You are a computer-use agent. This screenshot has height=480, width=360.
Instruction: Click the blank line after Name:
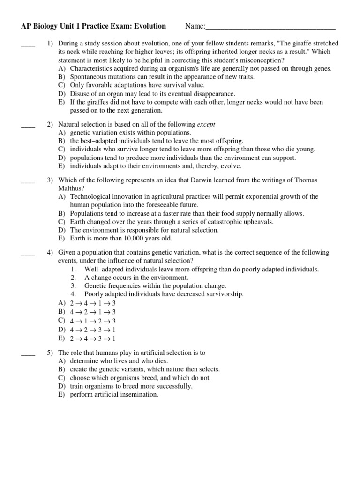(x=270, y=27)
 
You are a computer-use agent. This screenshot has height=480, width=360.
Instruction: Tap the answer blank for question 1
(x=28, y=44)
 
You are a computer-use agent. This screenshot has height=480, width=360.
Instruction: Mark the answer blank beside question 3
(x=28, y=180)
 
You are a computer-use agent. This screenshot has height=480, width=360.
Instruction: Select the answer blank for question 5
(x=28, y=352)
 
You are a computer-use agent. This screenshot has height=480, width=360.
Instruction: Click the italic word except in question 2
(x=206, y=124)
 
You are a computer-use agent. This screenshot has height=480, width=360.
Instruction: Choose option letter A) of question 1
(x=62, y=68)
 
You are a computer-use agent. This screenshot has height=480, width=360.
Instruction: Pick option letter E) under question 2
(x=62, y=166)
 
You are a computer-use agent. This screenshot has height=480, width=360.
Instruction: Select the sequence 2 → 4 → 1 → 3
(x=92, y=303)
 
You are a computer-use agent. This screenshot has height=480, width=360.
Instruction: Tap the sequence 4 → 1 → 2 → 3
(x=92, y=321)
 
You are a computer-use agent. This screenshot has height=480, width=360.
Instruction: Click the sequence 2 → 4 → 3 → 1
(x=92, y=338)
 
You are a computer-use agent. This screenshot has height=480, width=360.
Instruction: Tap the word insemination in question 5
(x=139, y=395)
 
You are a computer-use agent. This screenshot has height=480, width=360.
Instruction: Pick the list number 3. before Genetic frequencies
(x=74, y=285)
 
